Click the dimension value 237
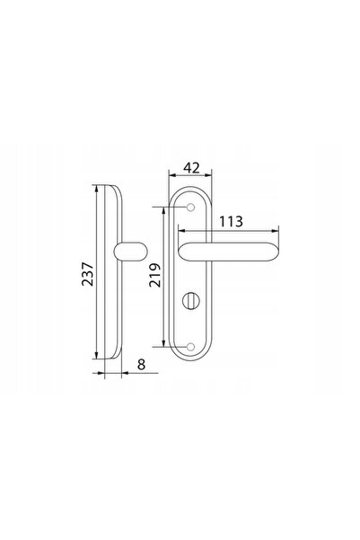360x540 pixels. coord(87,274)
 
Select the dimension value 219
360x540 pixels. coord(155,275)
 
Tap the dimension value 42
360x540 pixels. coord(191,168)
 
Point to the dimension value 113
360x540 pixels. coord(231,221)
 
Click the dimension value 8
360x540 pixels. coord(142,364)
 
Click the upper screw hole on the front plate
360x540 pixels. coord(190,208)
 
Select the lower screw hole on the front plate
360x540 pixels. coord(190,347)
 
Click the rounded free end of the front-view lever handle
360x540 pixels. coord(272,252)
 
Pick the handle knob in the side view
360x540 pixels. coord(130,252)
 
